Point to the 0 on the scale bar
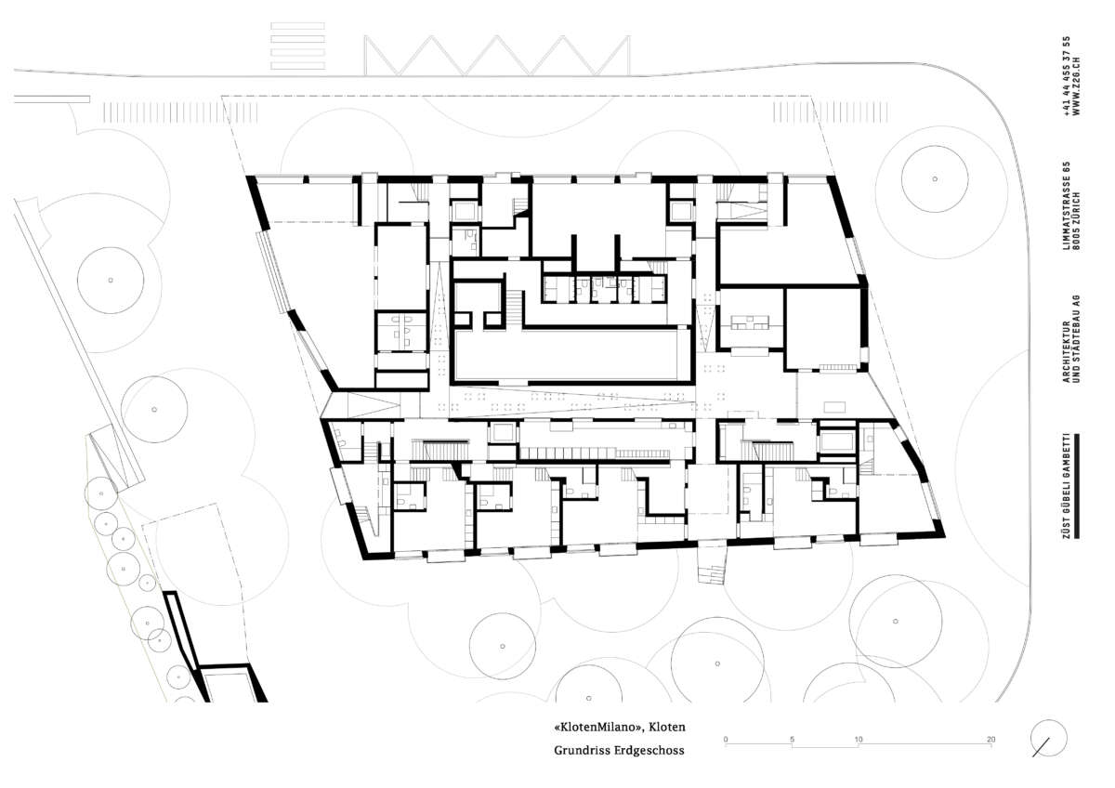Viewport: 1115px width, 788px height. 726,740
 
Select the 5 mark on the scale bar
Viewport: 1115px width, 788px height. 792,740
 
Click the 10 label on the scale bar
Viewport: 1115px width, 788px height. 859,740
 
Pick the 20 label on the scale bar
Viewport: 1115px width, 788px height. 991,740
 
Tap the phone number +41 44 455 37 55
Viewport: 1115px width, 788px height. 1067,75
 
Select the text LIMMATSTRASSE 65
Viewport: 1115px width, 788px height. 1067,205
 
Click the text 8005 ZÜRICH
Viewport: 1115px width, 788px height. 1077,220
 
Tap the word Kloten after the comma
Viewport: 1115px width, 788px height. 668,728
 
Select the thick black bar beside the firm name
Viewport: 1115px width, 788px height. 1077,486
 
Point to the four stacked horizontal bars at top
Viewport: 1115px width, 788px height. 297,46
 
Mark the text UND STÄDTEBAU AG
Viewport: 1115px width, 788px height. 1077,339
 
